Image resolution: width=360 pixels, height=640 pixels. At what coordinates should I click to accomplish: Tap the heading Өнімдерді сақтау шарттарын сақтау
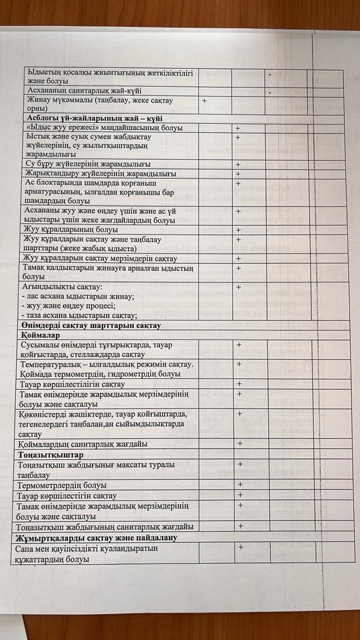click(x=90, y=325)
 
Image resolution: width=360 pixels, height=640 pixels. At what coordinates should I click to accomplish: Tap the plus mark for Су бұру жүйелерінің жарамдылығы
click(x=238, y=164)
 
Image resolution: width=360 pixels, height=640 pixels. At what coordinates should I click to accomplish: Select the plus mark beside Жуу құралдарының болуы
click(x=238, y=230)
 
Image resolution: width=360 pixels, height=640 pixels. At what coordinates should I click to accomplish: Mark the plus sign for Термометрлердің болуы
click(x=240, y=484)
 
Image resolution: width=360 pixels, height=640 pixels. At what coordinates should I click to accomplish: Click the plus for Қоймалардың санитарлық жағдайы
click(x=240, y=443)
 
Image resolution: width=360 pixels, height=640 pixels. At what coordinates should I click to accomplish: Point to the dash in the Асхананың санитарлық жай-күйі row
click(x=269, y=92)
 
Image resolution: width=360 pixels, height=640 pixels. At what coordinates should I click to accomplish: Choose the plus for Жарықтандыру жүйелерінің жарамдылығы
click(x=238, y=174)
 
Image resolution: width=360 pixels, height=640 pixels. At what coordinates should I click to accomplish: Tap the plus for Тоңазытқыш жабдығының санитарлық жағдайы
click(x=241, y=525)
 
